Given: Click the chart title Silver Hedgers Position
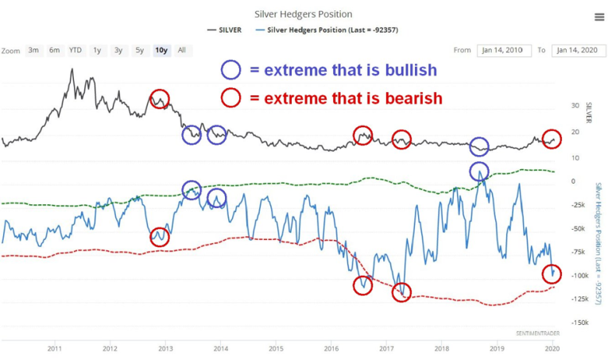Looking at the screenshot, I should pyautogui.click(x=303, y=14).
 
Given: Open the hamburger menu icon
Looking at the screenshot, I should pyautogui.click(x=598, y=17).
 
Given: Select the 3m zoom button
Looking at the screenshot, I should pyautogui.click(x=33, y=50).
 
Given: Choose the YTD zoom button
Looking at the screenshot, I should pyautogui.click(x=75, y=50).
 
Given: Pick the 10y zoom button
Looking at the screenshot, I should pyautogui.click(x=161, y=50).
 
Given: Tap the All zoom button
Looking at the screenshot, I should pyautogui.click(x=182, y=50).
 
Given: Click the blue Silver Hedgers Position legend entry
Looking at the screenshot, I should pyautogui.click(x=327, y=30).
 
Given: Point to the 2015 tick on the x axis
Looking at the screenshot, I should pyautogui.click(x=276, y=348).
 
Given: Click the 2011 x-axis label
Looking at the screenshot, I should pyautogui.click(x=55, y=348).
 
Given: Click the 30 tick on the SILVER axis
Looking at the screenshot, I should pyautogui.click(x=574, y=105).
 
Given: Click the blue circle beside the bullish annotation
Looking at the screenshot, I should pyautogui.click(x=230, y=70).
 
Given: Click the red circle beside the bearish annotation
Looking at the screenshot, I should pyautogui.click(x=230, y=98).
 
